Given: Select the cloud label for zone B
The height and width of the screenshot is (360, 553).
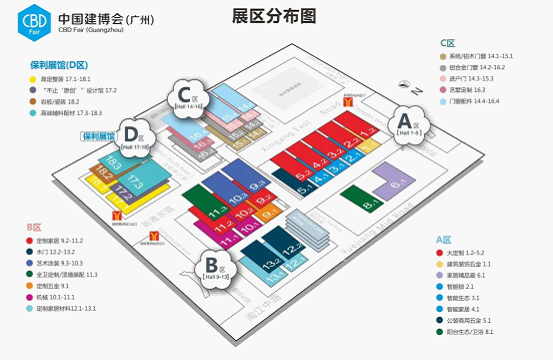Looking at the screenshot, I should [211, 267].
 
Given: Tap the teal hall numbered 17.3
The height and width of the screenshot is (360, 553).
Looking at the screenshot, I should [137, 183].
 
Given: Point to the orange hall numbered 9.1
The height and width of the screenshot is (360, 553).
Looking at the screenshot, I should [264, 211].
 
